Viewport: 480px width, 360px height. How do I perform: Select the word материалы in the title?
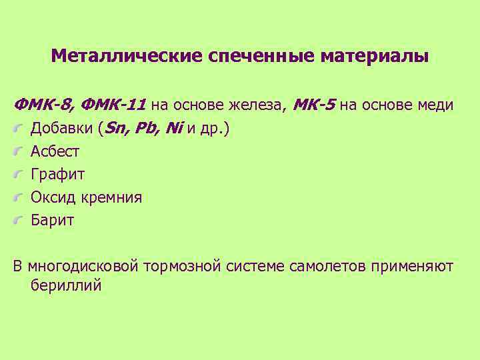[x=374, y=55]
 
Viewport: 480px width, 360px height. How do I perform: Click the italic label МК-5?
[x=314, y=105]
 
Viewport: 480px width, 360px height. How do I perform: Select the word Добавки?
[x=62, y=129]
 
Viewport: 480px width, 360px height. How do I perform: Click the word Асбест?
[x=55, y=151]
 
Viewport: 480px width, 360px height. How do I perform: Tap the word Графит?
[x=58, y=175]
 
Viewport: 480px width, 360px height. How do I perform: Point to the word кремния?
[x=111, y=197]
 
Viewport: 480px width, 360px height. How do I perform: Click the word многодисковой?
[x=83, y=267]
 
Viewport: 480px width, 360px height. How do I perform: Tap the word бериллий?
[x=66, y=285]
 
